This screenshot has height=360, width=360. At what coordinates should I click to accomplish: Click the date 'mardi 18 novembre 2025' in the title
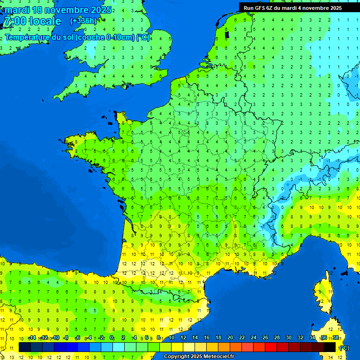[58, 10]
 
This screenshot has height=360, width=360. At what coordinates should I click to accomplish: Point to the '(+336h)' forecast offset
[83, 21]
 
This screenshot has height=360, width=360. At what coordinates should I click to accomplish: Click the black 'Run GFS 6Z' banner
[292, 8]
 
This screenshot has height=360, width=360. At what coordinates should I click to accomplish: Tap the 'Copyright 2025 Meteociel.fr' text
[199, 357]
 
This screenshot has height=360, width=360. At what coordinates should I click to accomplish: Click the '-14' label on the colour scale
[32, 338]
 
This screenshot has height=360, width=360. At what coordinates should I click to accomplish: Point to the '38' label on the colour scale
[336, 338]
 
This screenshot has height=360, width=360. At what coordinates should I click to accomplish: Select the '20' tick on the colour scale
[230, 338]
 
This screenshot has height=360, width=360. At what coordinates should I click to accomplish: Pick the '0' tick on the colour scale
[112, 338]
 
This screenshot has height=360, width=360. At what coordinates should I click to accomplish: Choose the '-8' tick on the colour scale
[66, 338]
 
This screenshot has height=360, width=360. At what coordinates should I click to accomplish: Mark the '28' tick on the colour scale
[277, 338]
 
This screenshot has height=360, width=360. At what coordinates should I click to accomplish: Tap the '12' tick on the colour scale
[183, 338]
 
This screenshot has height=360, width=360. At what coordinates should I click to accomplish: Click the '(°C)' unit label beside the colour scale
[344, 348]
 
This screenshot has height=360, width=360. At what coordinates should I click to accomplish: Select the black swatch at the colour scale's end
[330, 347]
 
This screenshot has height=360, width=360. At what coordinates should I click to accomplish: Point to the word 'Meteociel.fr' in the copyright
[218, 357]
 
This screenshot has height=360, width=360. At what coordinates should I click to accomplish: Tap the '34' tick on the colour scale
[312, 338]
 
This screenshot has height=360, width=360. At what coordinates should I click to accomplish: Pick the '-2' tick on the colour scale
[100, 338]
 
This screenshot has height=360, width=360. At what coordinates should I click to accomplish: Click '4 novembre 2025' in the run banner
[320, 8]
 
